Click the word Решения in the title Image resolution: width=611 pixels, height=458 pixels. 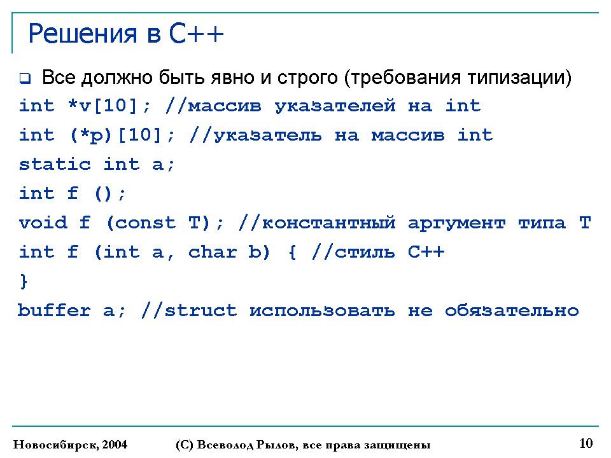[83, 34]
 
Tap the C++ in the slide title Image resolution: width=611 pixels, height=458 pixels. [197, 34]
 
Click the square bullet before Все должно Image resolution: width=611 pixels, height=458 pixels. [25, 78]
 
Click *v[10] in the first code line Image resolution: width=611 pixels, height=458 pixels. [102, 106]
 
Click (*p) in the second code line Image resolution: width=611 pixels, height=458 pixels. [91, 135]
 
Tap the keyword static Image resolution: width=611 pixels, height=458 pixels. [55, 164]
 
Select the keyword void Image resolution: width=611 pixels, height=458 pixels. [43, 223]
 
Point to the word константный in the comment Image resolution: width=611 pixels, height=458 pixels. [329, 223]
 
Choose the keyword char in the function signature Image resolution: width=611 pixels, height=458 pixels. [213, 252]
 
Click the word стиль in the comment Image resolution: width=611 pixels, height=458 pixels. [365, 253]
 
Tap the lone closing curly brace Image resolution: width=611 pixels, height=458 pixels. [24, 281]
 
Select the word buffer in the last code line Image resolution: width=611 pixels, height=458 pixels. [53, 310]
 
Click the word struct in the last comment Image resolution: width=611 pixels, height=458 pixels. [200, 310]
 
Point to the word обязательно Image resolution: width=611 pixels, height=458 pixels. [512, 311]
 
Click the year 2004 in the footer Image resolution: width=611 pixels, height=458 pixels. [115, 445]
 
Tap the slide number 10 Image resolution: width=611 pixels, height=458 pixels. [586, 443]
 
